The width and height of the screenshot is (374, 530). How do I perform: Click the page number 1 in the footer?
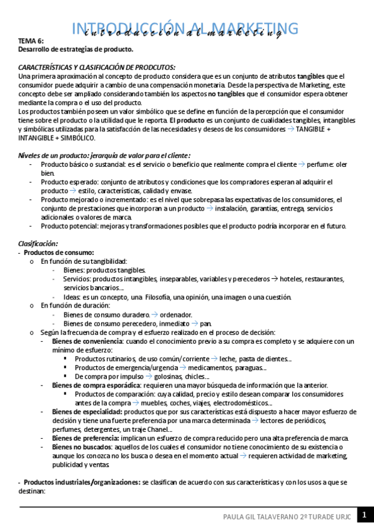pyautogui.click(x=364, y=516)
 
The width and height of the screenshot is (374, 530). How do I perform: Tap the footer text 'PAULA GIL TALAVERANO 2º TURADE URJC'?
pyautogui.click(x=288, y=516)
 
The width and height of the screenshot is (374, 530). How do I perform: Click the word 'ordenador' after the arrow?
pyautogui.click(x=176, y=314)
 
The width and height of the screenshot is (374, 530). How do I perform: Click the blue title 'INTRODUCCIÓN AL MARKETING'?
pyautogui.click(x=185, y=28)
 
